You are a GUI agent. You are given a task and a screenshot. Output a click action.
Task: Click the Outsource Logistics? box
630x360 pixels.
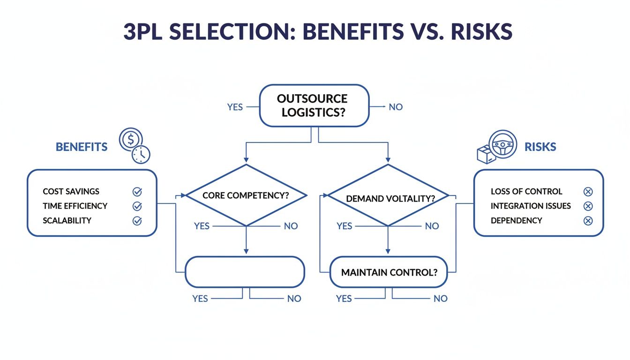point(314,106)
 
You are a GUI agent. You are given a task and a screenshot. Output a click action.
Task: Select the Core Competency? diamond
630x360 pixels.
point(246,195)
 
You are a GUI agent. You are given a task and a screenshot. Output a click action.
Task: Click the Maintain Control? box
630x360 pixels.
point(388,272)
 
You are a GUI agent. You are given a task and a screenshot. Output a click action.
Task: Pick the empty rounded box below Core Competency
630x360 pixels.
point(245,272)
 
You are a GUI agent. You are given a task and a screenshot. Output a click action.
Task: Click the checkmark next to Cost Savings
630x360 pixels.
point(137,191)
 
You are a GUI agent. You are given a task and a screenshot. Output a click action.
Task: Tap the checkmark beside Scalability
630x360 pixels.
point(137,221)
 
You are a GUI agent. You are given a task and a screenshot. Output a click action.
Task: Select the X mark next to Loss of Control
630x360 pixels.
point(588,191)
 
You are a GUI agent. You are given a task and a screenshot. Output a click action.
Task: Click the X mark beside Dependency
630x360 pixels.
point(588,221)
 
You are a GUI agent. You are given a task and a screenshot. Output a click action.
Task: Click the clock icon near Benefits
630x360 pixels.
point(141,154)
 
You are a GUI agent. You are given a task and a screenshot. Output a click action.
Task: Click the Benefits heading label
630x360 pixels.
point(82,147)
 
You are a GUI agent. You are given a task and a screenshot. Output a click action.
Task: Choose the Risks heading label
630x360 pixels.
point(540,147)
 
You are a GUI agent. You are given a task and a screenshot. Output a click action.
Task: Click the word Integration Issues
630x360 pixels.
point(531,206)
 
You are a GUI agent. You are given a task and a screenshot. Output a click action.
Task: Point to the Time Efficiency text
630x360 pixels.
point(75,206)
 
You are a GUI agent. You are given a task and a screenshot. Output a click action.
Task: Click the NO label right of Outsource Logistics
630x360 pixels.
point(396,107)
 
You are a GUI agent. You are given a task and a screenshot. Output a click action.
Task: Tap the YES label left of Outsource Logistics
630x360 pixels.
point(235,107)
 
